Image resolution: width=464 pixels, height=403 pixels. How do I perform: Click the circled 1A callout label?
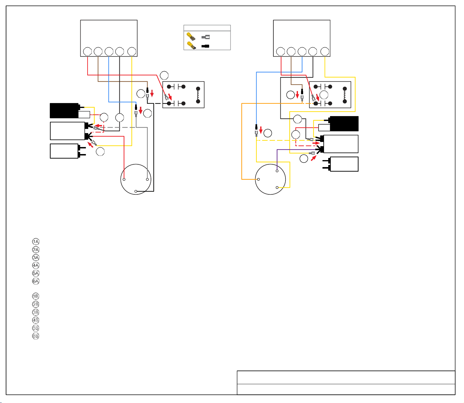[x=35, y=241]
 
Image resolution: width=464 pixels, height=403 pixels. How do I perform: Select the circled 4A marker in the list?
[x=35, y=265]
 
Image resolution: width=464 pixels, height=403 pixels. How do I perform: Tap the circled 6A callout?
[x=35, y=281]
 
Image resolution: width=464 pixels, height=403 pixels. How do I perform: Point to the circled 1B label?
[x=35, y=296]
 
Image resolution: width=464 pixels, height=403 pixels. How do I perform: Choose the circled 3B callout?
[x=35, y=312]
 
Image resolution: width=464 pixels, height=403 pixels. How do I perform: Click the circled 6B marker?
[x=35, y=336]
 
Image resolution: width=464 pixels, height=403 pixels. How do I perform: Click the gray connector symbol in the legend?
[x=205, y=37]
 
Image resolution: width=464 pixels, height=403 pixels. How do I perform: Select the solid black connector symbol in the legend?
[x=205, y=46]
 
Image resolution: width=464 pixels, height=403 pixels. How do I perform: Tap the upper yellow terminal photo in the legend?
[x=191, y=36]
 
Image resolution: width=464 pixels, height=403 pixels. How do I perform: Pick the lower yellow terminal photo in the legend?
[x=192, y=45]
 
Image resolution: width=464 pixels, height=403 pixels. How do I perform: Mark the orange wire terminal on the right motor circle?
[x=258, y=179]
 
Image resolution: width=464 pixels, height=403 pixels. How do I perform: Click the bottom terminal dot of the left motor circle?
[x=135, y=191]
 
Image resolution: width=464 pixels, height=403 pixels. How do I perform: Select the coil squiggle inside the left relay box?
[x=198, y=95]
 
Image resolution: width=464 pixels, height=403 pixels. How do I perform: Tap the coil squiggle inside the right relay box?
[x=345, y=95]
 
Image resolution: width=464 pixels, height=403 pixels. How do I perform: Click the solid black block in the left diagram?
[x=64, y=110]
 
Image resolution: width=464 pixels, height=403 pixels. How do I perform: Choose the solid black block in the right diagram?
[x=344, y=124]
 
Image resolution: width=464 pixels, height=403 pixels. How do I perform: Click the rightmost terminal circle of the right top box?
[x=325, y=52]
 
